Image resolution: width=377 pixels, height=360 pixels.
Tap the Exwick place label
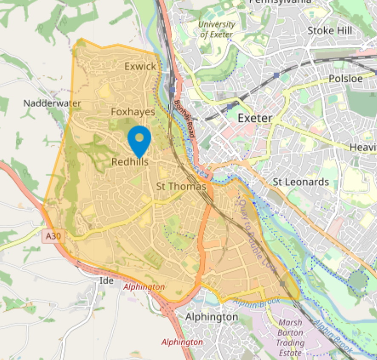[x=140, y=66]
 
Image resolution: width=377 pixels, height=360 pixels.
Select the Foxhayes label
[x=133, y=112]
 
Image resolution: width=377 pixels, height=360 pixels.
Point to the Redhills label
[x=130, y=162]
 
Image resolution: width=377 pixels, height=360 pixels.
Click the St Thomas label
[x=181, y=186]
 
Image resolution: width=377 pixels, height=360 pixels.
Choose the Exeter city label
[x=255, y=118]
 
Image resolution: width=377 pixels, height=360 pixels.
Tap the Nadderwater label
[x=52, y=103]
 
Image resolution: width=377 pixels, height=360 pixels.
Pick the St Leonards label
[x=300, y=182]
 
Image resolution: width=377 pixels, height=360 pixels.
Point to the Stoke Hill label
[x=329, y=31]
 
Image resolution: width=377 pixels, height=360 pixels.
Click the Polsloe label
[x=346, y=79]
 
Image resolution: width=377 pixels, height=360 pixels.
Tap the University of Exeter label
[x=216, y=29]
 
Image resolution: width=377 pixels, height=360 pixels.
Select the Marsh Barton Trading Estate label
[x=290, y=337]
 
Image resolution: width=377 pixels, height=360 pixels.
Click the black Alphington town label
[x=211, y=317]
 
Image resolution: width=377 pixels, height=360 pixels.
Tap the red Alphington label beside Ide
[x=144, y=287]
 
